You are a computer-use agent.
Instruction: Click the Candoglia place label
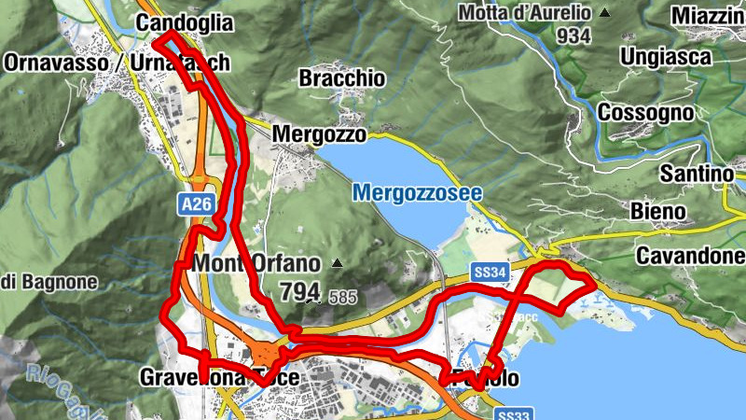184,22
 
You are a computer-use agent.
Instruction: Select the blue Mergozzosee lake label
405,193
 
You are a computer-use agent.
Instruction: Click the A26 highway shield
193,202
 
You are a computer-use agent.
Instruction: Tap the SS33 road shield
516,413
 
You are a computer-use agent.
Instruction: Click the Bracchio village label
341,78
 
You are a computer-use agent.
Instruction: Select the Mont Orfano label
256,263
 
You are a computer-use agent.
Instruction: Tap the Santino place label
697,174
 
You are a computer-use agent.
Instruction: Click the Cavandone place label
690,256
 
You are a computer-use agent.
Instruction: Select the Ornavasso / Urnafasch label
117,63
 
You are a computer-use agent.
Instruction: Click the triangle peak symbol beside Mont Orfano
337,264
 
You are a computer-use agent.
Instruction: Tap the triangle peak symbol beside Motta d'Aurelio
605,13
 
